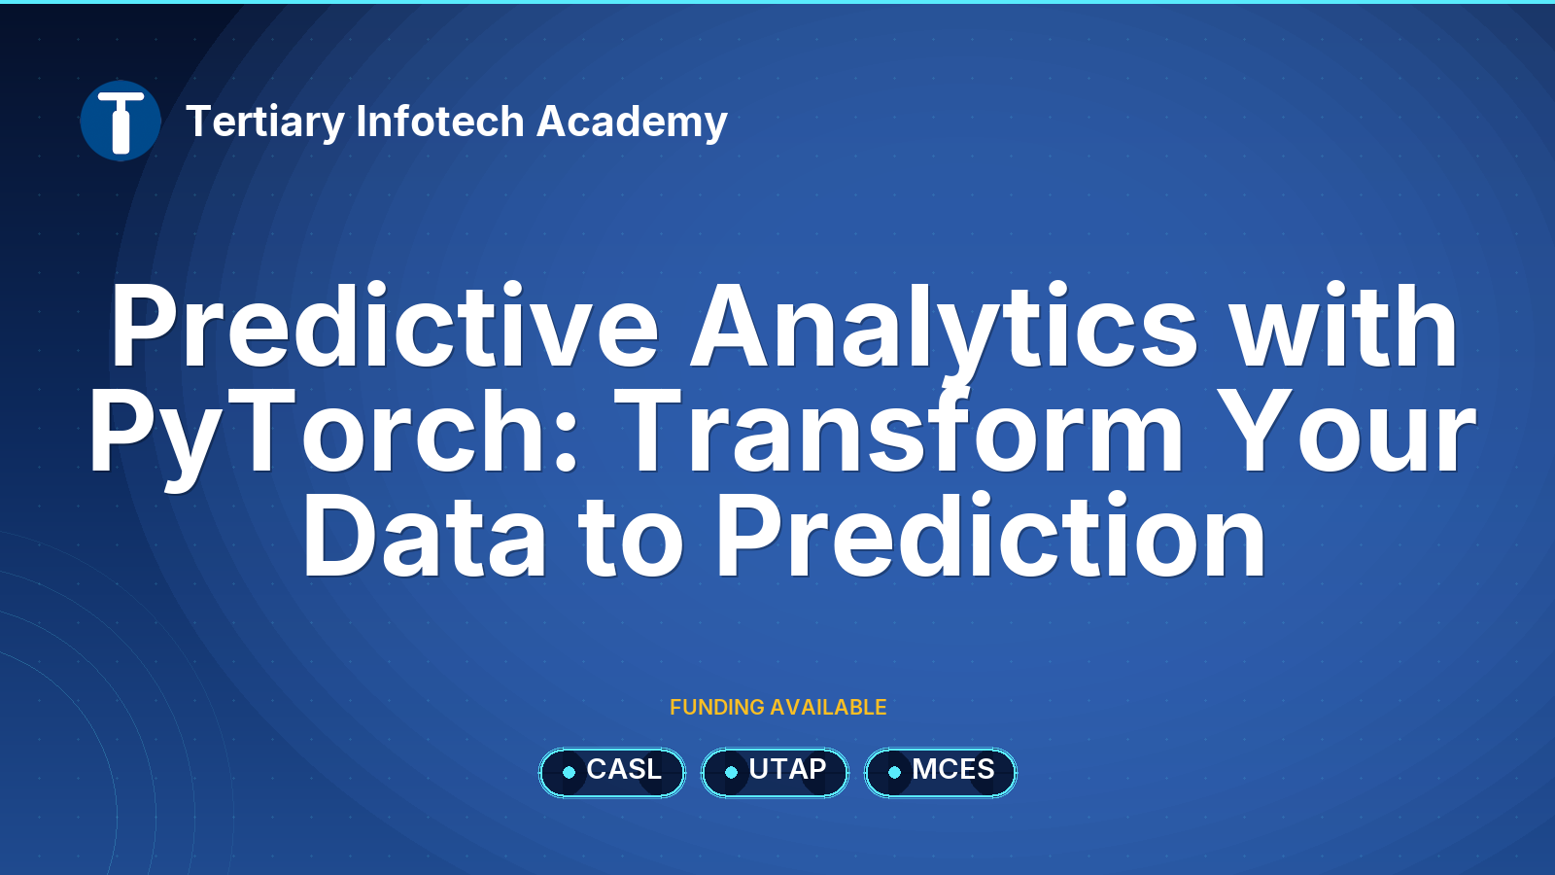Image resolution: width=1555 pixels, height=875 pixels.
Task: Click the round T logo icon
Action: (121, 121)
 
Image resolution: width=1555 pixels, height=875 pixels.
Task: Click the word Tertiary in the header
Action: (265, 122)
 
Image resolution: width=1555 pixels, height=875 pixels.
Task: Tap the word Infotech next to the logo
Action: (440, 121)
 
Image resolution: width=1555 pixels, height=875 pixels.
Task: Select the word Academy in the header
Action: (632, 122)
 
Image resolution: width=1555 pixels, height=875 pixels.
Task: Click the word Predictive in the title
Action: (385, 325)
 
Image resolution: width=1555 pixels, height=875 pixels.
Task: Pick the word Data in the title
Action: (424, 536)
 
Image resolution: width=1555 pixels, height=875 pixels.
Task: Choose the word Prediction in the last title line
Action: (991, 536)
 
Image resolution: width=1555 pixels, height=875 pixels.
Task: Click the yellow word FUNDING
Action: (716, 708)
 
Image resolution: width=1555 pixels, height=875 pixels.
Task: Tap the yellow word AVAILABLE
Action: (828, 708)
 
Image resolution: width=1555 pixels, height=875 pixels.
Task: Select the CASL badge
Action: (611, 772)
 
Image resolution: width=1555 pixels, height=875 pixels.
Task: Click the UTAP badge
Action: (775, 772)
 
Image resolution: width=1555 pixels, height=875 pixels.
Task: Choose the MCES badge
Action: (941, 772)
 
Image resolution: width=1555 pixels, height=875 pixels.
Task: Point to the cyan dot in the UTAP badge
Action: (731, 772)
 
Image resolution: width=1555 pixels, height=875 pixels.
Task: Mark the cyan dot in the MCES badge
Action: (894, 772)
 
